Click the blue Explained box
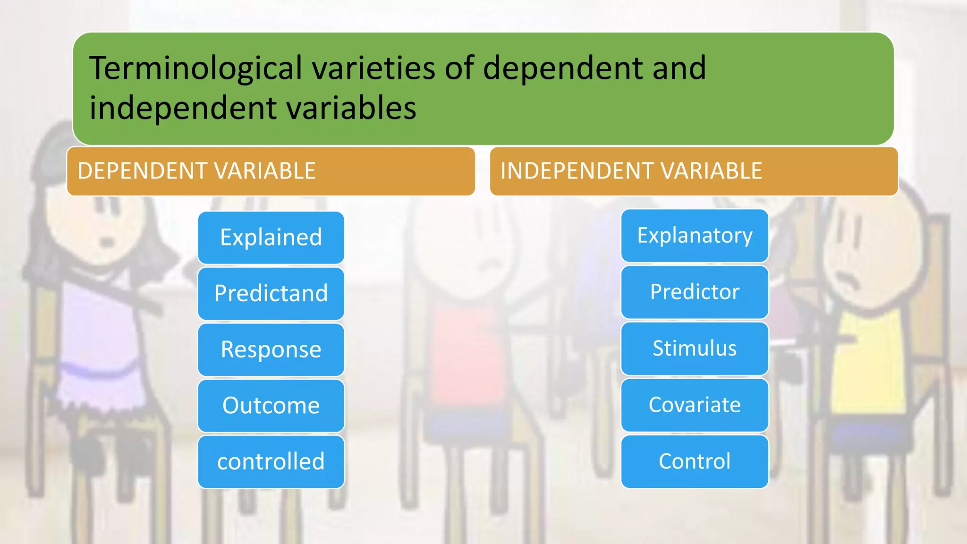pyautogui.click(x=271, y=238)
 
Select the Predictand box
pyautogui.click(x=271, y=294)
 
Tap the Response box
pyautogui.click(x=271, y=349)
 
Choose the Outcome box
pyautogui.click(x=271, y=406)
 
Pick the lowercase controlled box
pyautogui.click(x=271, y=462)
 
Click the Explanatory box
pyautogui.click(x=694, y=236)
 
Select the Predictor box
pyautogui.click(x=694, y=292)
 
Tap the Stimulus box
pyautogui.click(x=694, y=348)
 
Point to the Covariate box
pyautogui.click(x=694, y=405)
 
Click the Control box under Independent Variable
pyautogui.click(x=694, y=461)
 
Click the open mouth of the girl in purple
pyautogui.click(x=108, y=243)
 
